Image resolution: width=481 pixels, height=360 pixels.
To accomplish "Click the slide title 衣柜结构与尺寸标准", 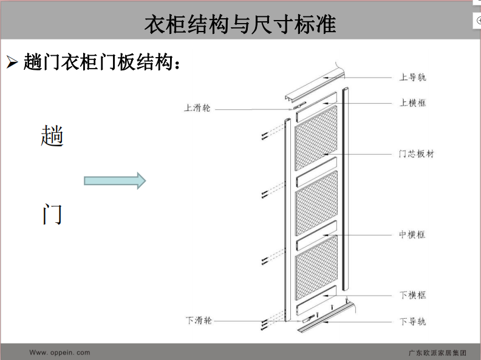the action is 240,24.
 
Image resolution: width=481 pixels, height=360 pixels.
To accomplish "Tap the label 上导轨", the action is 412,77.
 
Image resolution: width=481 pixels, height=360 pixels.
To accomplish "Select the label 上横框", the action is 412,103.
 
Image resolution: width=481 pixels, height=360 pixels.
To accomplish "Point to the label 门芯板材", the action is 416,154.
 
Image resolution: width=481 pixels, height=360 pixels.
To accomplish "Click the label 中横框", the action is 412,234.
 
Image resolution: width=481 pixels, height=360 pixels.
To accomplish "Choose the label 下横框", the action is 412,295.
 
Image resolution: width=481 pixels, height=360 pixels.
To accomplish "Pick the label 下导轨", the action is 412,321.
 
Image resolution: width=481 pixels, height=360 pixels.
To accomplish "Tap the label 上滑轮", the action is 197,107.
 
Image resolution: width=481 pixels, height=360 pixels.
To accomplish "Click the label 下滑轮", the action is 199,321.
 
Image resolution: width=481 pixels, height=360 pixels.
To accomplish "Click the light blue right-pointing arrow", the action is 115,181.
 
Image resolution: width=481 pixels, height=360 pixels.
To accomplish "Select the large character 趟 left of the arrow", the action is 52,135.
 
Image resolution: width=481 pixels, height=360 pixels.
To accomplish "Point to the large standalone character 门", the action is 52,214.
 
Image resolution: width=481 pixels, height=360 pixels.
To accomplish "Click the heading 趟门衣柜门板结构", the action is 98,62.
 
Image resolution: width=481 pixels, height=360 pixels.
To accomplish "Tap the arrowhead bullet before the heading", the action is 12,63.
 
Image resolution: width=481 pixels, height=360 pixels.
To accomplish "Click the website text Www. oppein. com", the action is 60,353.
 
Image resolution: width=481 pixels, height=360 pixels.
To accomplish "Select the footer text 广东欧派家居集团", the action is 437,353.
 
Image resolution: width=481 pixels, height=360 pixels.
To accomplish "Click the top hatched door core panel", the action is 316,138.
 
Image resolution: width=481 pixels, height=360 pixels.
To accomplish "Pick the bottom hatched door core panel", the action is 316,267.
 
